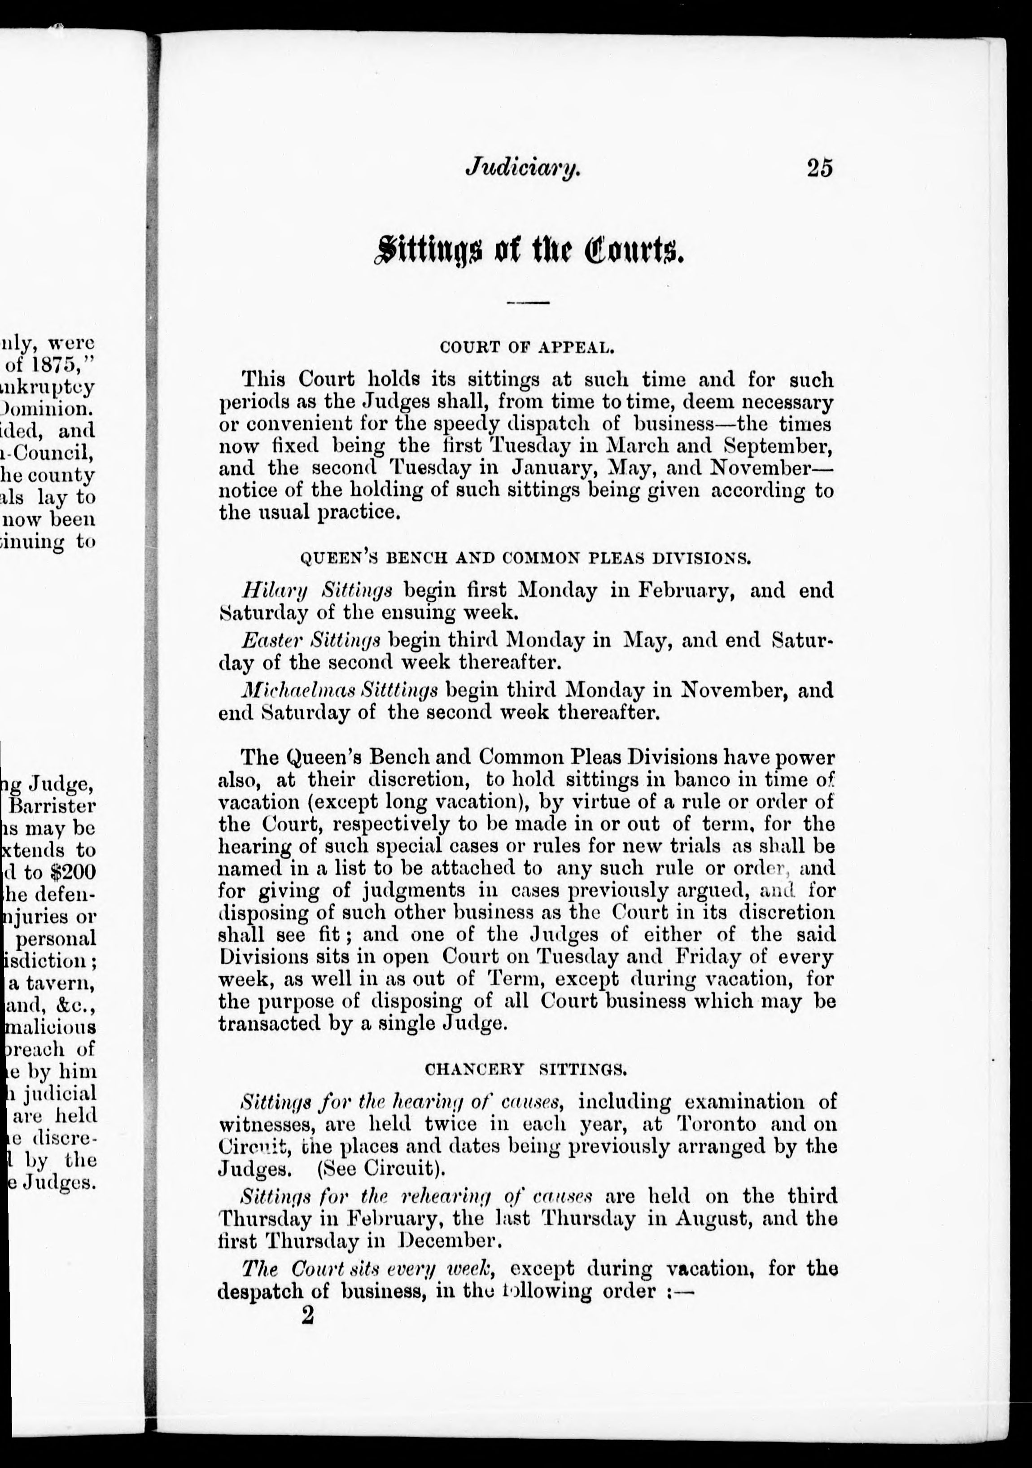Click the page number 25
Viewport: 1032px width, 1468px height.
(x=820, y=168)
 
